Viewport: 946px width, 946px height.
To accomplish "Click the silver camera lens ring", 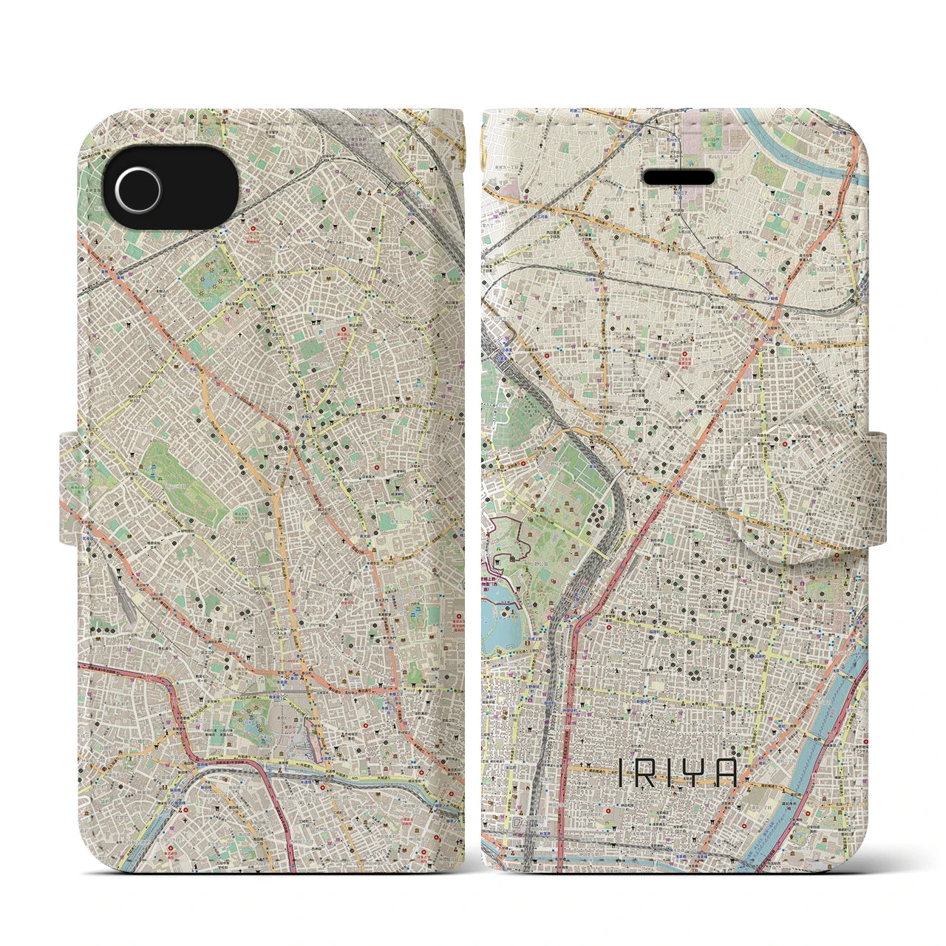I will click(x=137, y=181).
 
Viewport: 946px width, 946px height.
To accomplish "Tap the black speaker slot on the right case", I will click(x=680, y=177).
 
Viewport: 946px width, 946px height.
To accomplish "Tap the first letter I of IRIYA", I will click(x=621, y=774).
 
